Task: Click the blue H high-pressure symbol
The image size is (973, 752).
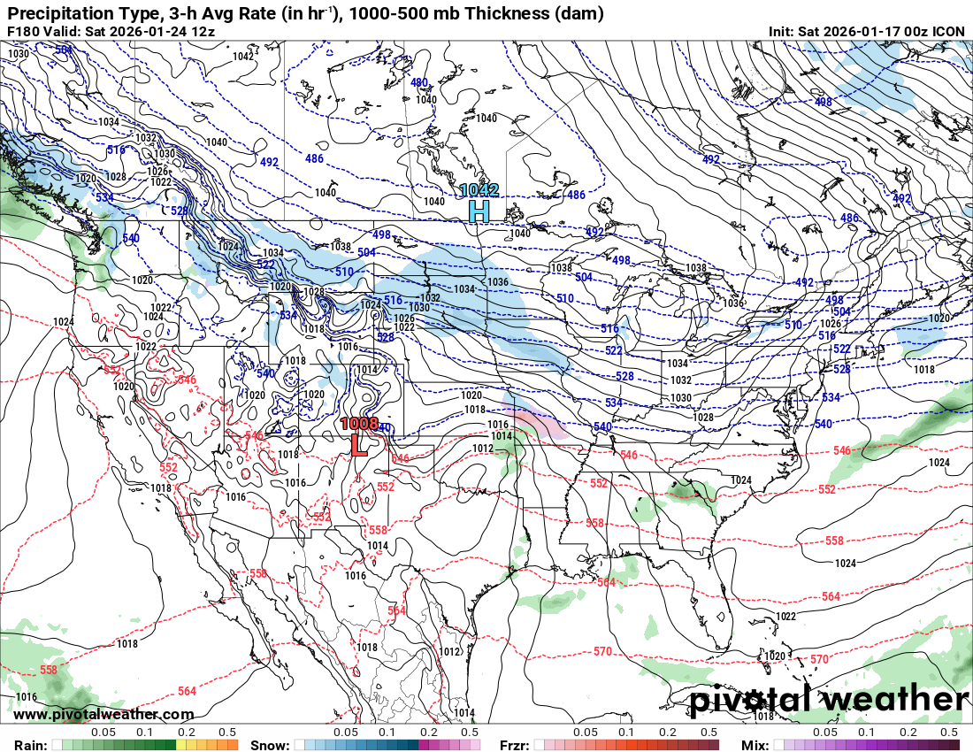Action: click(x=479, y=211)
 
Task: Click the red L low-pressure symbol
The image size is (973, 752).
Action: click(x=359, y=444)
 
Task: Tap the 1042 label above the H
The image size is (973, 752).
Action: click(x=479, y=190)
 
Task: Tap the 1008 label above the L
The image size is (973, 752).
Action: click(x=359, y=424)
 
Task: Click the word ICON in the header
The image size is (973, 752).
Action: click(x=949, y=31)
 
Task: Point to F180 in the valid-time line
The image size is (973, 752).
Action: click(x=24, y=31)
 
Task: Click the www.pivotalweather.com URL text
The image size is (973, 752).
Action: click(x=103, y=714)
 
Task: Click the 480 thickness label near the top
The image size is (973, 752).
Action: click(x=419, y=82)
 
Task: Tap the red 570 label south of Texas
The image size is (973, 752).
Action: click(x=602, y=651)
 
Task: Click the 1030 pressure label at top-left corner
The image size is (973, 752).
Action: click(x=18, y=54)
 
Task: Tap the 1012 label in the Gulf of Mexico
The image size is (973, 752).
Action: click(x=448, y=652)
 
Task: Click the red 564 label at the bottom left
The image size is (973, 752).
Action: click(x=187, y=691)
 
